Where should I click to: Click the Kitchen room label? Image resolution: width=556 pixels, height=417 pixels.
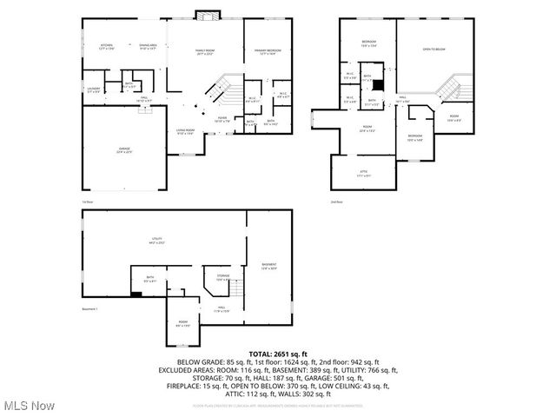pos(107,46)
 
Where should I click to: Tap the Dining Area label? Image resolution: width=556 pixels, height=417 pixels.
pos(148,46)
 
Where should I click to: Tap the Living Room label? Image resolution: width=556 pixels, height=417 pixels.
pos(186,132)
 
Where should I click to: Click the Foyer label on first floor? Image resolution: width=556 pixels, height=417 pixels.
pos(222,120)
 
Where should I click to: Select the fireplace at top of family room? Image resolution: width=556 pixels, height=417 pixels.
pos(206,15)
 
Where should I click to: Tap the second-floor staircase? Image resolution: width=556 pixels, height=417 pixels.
pos(447,87)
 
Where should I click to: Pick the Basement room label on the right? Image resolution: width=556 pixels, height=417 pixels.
pos(268,266)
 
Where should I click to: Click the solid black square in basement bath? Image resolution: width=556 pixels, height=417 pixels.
pos(135,295)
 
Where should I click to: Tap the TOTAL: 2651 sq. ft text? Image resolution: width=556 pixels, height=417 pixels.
pos(278,354)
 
